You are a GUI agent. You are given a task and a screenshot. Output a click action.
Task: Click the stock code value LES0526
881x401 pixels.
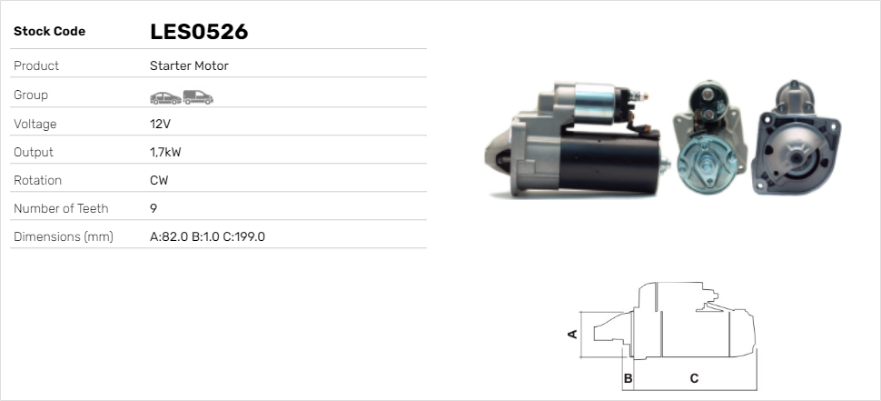pos(199,32)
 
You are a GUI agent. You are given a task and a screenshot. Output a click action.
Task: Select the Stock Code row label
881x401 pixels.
pos(49,32)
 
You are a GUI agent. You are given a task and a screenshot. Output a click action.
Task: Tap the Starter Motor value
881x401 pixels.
pos(189,66)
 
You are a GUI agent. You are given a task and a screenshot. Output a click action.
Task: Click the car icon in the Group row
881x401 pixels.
pos(164,96)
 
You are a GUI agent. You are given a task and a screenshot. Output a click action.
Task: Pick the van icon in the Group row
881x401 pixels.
pos(197,96)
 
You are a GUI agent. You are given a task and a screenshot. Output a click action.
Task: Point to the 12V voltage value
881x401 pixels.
pos(160,124)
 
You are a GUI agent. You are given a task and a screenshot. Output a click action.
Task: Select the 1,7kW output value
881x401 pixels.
pos(165,153)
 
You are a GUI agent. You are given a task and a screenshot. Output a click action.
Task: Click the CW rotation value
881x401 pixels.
pos(159,181)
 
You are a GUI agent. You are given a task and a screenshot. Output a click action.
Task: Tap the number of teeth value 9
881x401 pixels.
pos(153,209)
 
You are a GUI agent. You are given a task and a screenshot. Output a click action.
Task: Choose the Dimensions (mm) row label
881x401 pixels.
pos(63,237)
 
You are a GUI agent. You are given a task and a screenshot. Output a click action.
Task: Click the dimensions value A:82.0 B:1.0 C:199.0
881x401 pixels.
pos(207,237)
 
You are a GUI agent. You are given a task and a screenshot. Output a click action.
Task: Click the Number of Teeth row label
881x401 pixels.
pos(61,209)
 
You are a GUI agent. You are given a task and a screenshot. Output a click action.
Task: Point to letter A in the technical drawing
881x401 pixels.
pos(572,334)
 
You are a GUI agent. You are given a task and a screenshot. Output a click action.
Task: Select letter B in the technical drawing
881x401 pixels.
pos(627,377)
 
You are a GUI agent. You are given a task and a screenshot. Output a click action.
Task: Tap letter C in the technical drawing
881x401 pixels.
pos(694,377)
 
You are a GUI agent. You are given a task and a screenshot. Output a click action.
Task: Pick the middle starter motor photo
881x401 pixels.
pos(708,138)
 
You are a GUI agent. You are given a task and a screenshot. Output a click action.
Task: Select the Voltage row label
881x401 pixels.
pos(35,124)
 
